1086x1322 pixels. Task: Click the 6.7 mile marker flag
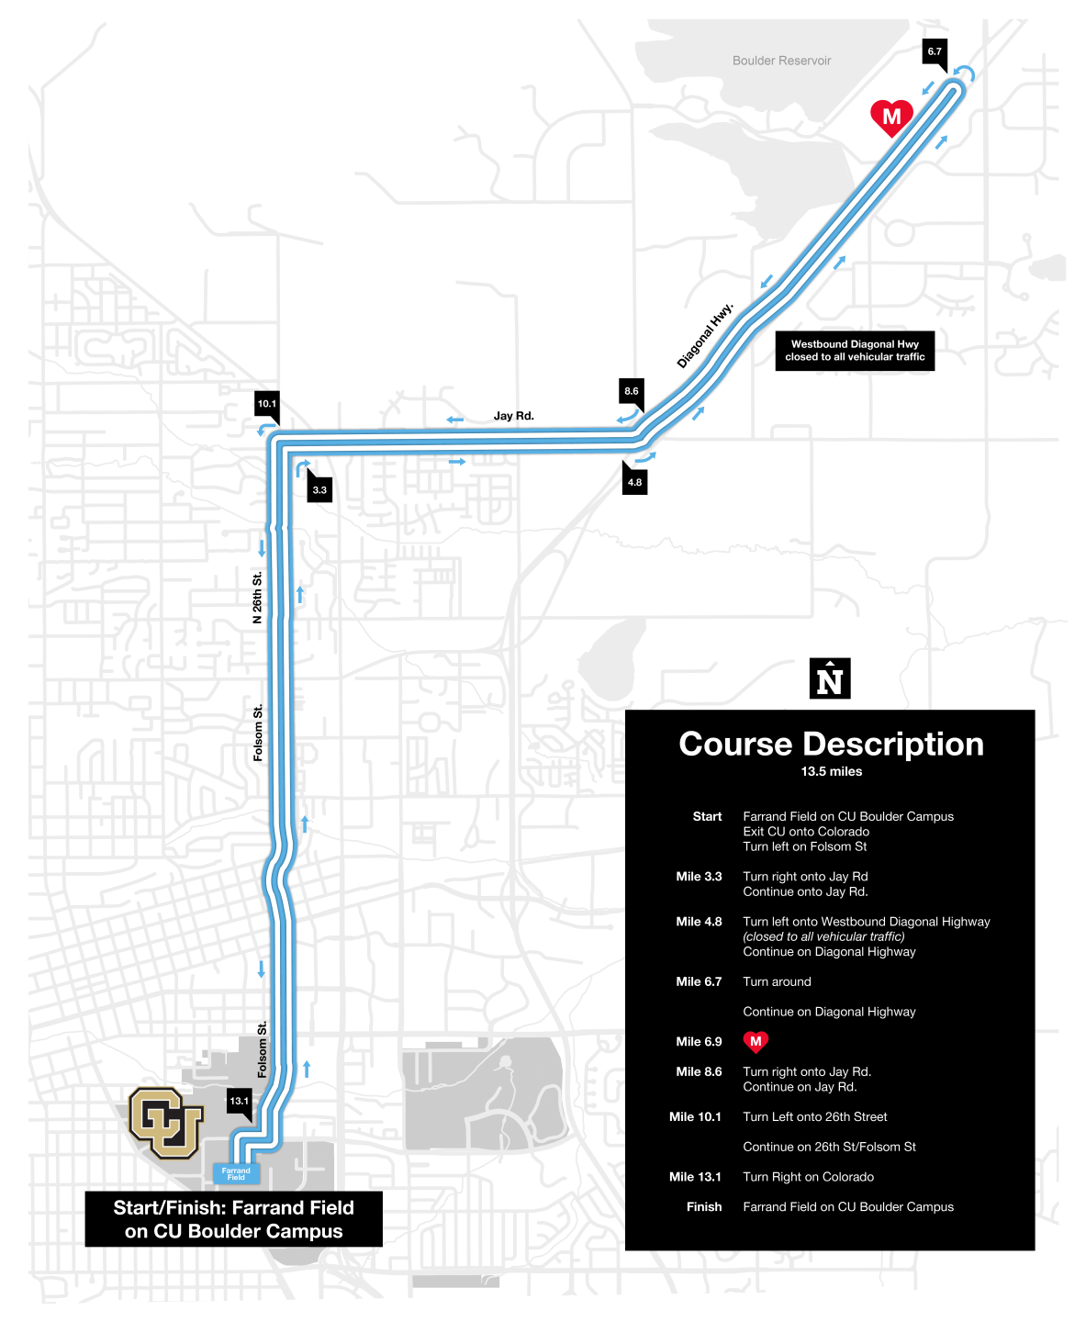click(935, 52)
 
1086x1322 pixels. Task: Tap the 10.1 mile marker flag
click(267, 404)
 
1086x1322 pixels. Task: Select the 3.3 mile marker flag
click(319, 489)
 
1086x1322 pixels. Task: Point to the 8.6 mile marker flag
click(632, 391)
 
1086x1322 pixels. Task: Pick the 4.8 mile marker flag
click(634, 482)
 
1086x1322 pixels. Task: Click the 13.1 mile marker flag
click(240, 1101)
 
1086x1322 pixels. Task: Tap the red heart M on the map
click(891, 117)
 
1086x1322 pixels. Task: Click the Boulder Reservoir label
click(781, 61)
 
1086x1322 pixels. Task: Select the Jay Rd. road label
click(513, 416)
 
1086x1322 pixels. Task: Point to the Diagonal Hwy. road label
click(705, 335)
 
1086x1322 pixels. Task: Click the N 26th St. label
click(258, 598)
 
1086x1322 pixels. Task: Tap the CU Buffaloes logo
click(165, 1122)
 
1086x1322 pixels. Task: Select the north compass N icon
click(830, 679)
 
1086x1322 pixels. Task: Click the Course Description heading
click(831, 744)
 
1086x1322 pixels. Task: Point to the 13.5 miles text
click(831, 771)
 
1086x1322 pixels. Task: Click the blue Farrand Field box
click(236, 1173)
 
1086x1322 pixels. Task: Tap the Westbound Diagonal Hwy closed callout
click(855, 351)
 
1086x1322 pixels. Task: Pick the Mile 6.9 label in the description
click(699, 1042)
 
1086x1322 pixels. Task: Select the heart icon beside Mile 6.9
click(756, 1042)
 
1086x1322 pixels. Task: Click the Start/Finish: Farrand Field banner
click(233, 1219)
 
